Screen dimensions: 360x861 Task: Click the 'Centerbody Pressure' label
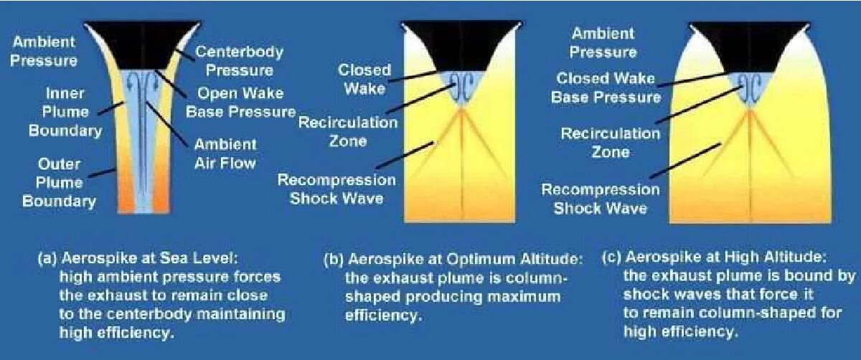tap(239, 61)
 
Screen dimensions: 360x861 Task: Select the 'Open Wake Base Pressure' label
tap(240, 103)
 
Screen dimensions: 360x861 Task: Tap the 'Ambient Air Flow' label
tap(225, 153)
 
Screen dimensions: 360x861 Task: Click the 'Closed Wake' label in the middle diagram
tap(364, 79)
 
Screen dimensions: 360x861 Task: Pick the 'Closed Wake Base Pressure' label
tap(605, 87)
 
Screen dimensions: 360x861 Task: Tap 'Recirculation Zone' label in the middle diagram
tap(348, 131)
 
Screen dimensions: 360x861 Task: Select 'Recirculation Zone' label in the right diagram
tap(610, 142)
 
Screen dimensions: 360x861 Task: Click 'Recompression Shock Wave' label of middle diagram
tap(336, 189)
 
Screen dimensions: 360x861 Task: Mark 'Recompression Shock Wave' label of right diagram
tap(600, 199)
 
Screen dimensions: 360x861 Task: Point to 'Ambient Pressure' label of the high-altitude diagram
tap(602, 43)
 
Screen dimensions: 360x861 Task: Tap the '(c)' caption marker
tap(612, 257)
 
